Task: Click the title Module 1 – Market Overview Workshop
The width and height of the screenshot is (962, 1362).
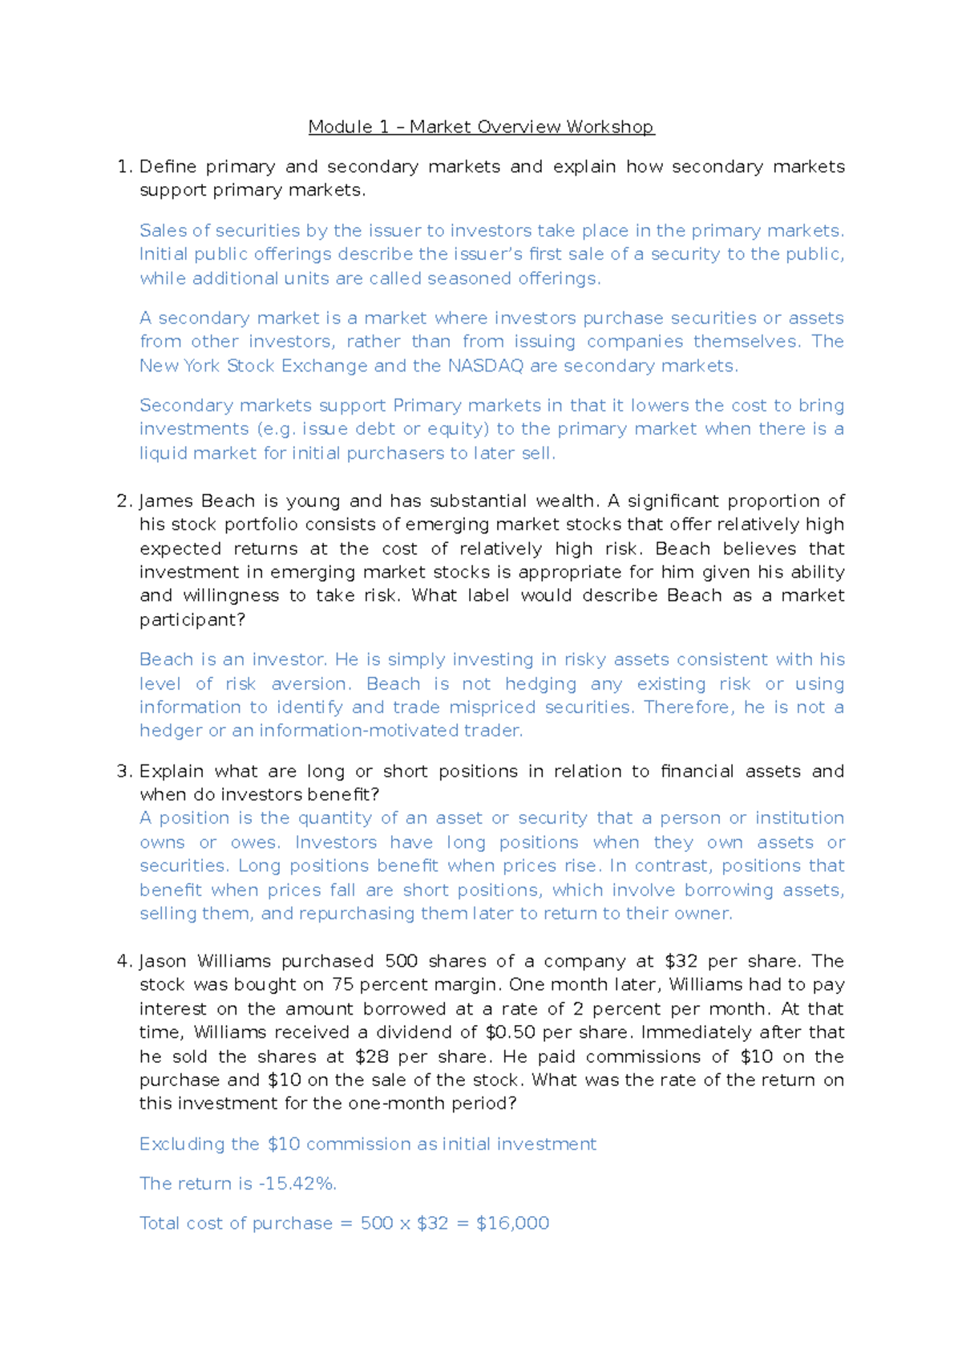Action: tap(481, 127)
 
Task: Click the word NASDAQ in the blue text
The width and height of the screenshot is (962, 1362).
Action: tap(485, 366)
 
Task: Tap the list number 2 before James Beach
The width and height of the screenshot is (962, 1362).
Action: tap(123, 501)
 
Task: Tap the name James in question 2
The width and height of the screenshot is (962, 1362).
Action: tap(164, 501)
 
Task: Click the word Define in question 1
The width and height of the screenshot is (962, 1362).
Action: tap(168, 167)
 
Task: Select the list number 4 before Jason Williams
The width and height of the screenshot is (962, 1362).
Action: tap(123, 962)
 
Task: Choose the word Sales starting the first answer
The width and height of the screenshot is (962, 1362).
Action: tap(164, 231)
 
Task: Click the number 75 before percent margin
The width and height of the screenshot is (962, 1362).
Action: tap(343, 985)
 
